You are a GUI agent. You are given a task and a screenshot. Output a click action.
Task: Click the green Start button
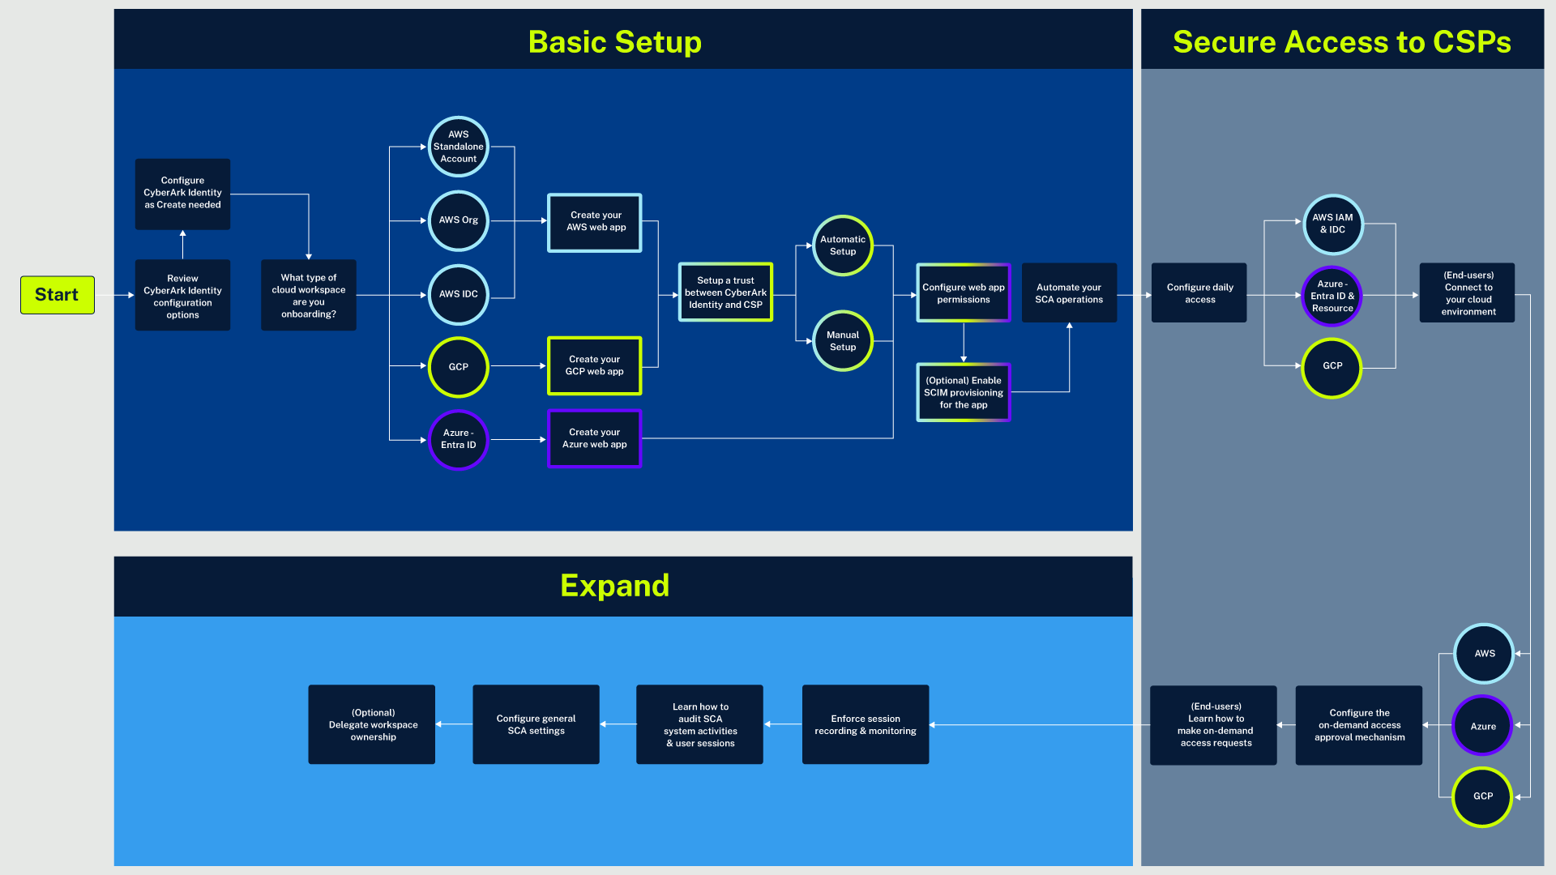pyautogui.click(x=57, y=295)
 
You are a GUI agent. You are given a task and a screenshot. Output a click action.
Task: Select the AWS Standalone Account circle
pyautogui.click(x=459, y=147)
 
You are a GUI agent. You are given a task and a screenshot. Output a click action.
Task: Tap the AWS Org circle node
pyautogui.click(x=459, y=220)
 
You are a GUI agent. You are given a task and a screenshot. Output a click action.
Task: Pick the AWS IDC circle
pyautogui.click(x=459, y=294)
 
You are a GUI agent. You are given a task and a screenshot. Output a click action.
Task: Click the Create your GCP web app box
pyautogui.click(x=595, y=365)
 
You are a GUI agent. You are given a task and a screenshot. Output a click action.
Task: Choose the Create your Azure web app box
pyautogui.click(x=595, y=438)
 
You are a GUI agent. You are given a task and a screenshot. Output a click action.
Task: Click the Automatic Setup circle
pyautogui.click(x=843, y=245)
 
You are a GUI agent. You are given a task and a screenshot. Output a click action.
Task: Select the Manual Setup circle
pyautogui.click(x=843, y=341)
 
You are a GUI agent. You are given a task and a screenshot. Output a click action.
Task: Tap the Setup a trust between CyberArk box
pyautogui.click(x=725, y=292)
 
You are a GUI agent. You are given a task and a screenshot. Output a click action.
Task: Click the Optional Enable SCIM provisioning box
pyautogui.click(x=964, y=392)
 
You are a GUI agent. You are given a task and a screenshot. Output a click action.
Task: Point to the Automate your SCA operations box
pyautogui.click(x=1069, y=293)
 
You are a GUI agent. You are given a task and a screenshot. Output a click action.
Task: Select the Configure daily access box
pyautogui.click(x=1199, y=293)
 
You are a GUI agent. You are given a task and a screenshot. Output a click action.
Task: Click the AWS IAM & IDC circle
pyautogui.click(x=1333, y=224)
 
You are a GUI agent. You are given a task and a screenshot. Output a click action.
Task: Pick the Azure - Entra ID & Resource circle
pyautogui.click(x=1332, y=296)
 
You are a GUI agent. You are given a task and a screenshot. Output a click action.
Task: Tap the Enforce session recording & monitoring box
pyautogui.click(x=866, y=724)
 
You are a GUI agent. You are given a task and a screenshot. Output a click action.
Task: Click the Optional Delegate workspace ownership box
pyautogui.click(x=372, y=724)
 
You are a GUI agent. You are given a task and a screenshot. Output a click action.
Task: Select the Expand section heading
pyautogui.click(x=615, y=586)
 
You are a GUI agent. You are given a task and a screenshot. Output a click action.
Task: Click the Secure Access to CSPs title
pyautogui.click(x=1342, y=42)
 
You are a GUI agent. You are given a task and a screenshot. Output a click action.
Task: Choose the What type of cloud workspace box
pyautogui.click(x=309, y=295)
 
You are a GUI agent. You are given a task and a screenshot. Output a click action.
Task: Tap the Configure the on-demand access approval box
pyautogui.click(x=1359, y=725)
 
